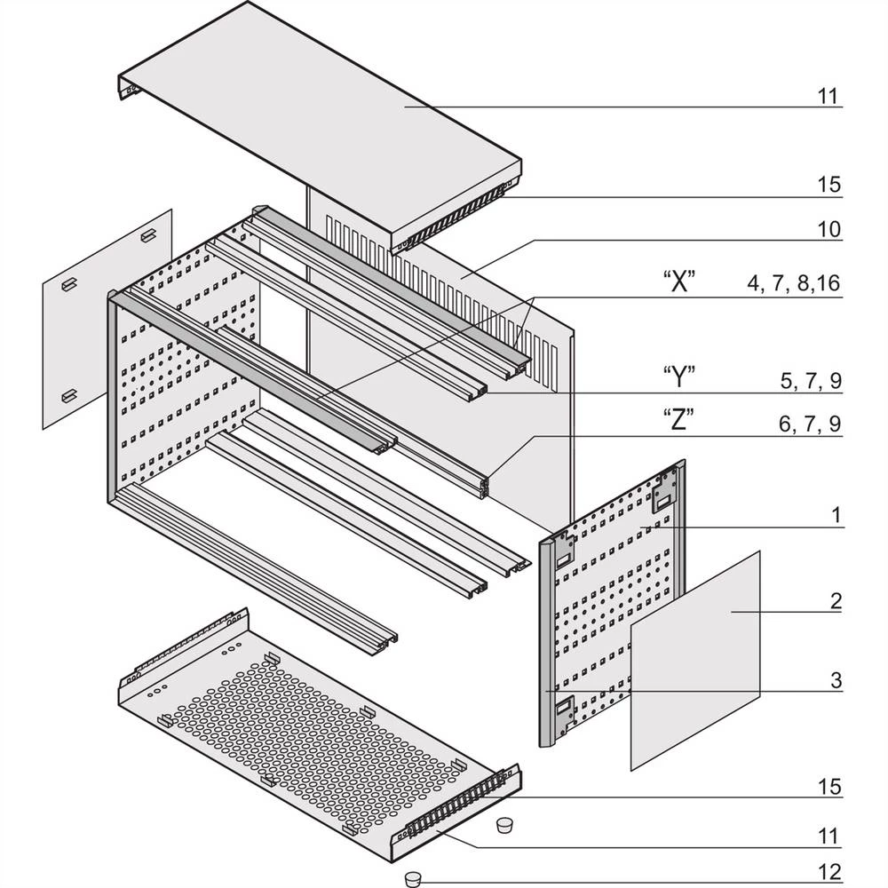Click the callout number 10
tap(829, 230)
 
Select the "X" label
tap(678, 283)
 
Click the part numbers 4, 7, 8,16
tap(794, 284)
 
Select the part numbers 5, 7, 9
tap(810, 382)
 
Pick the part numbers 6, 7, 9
tap(810, 424)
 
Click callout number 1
tap(836, 516)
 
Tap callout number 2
tap(836, 601)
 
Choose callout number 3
tap(836, 681)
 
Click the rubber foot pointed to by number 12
tap(412, 878)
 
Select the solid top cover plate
tap(320, 115)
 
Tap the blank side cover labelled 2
tap(695, 657)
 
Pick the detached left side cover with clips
tap(107, 320)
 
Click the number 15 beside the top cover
tap(829, 186)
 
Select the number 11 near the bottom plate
tap(829, 836)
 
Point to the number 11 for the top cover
tap(829, 96)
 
